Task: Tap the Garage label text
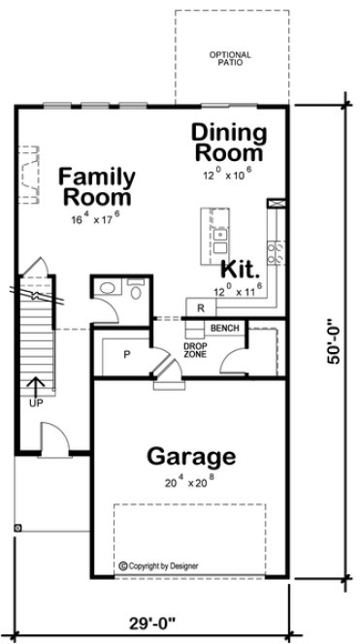(190, 455)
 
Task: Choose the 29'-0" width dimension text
(152, 621)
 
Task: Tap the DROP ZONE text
(194, 350)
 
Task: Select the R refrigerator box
(199, 308)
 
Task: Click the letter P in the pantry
(126, 354)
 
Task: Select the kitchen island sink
(220, 235)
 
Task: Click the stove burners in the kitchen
(276, 253)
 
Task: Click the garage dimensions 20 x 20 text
(190, 481)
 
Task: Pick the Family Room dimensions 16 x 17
(95, 219)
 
